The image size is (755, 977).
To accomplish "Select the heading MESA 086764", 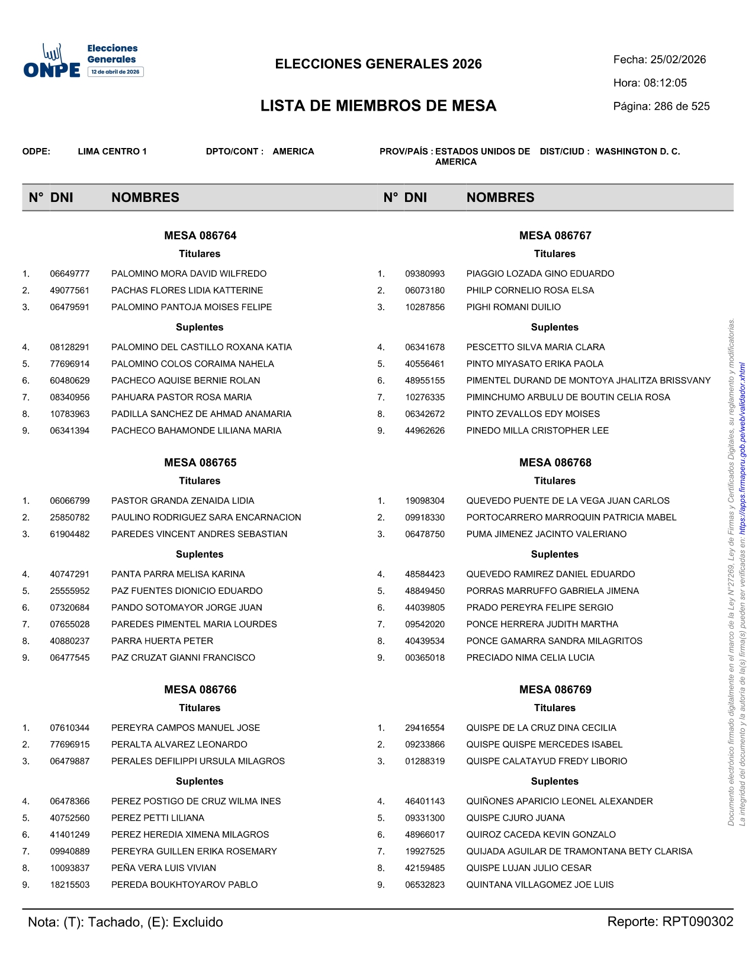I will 200,236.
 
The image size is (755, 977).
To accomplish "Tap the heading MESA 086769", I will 555,690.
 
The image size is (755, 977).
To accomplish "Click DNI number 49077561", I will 70,291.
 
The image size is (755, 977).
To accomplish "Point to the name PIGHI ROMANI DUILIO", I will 513,307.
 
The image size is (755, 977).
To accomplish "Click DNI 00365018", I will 425,658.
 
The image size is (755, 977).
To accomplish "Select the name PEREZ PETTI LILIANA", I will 158,818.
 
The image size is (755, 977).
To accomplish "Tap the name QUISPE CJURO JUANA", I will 515,818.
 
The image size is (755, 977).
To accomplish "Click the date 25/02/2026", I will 678,60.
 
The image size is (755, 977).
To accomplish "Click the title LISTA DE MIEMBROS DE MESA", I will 378,106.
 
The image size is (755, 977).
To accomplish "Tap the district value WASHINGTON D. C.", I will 637,152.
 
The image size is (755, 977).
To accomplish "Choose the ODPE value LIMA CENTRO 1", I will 112,152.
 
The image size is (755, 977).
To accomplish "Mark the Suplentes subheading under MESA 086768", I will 554,554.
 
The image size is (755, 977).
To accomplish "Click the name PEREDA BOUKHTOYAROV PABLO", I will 184,885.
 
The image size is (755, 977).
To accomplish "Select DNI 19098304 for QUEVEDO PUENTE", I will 425,501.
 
